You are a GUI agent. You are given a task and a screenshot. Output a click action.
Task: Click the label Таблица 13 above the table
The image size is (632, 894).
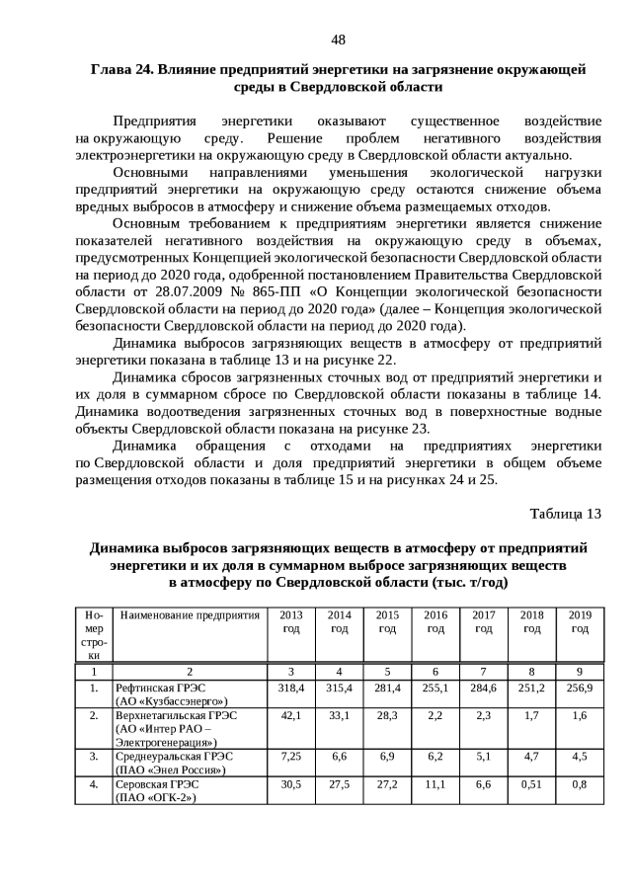[x=565, y=514]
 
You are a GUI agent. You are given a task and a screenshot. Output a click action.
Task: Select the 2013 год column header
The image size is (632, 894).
[x=291, y=621]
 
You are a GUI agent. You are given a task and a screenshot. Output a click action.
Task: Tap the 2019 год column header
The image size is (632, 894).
[x=580, y=621]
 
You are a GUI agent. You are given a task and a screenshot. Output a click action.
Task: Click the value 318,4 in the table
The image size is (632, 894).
[x=291, y=688]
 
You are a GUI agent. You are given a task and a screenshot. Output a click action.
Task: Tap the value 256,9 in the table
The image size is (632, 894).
[x=580, y=688]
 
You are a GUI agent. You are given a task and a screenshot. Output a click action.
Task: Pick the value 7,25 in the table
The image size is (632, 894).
[x=291, y=756]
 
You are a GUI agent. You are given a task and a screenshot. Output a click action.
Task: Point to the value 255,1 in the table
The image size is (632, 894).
[x=435, y=688]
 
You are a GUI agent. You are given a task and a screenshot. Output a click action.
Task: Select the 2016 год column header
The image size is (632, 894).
[x=435, y=621]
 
